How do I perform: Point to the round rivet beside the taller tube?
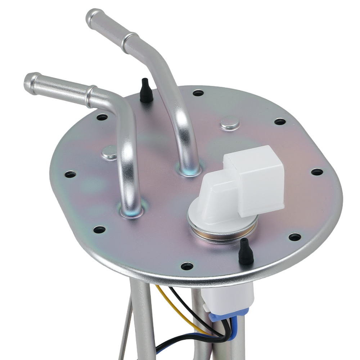click(x=230, y=123)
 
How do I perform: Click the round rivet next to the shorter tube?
click(x=109, y=152)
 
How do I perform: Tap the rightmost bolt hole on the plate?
click(x=317, y=172)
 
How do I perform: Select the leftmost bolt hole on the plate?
click(x=70, y=174)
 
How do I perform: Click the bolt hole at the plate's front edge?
click(x=187, y=266)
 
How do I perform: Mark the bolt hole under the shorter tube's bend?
click(x=102, y=117)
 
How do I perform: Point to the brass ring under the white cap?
click(x=223, y=234)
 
